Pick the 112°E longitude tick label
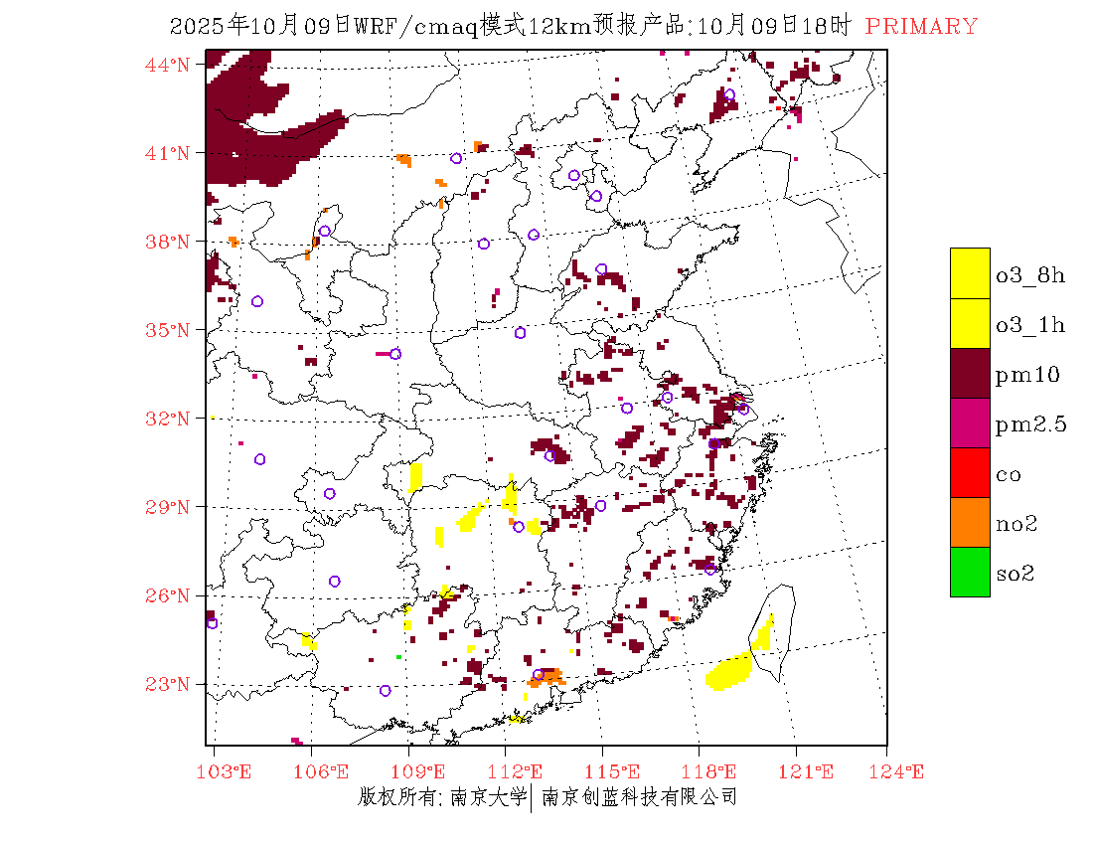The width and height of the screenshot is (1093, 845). pyautogui.click(x=521, y=771)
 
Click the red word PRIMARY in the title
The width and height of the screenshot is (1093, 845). pyautogui.click(x=921, y=27)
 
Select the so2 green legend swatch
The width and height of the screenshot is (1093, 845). pyautogui.click(x=970, y=572)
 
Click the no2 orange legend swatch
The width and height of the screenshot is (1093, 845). pyautogui.click(x=970, y=522)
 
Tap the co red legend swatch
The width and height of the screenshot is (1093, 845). pyautogui.click(x=970, y=472)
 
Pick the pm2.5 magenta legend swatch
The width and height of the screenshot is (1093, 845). pyautogui.click(x=970, y=422)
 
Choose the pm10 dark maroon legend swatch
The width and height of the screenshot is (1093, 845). pyautogui.click(x=970, y=373)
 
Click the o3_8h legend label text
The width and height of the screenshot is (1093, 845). pyautogui.click(x=1030, y=275)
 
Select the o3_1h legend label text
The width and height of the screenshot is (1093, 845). pyautogui.click(x=1030, y=325)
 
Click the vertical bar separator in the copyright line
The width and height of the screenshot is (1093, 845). pyautogui.click(x=533, y=797)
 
